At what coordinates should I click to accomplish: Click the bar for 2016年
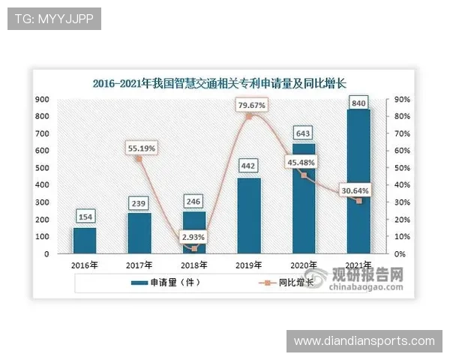(84, 241)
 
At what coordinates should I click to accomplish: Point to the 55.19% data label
(140, 148)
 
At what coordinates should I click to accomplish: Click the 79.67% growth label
(251, 106)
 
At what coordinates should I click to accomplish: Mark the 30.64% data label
(354, 190)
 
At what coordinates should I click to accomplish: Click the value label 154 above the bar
(85, 217)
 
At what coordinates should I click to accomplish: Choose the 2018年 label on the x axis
(193, 265)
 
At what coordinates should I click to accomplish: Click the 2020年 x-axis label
(303, 265)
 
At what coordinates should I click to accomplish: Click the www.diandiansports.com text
(364, 341)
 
